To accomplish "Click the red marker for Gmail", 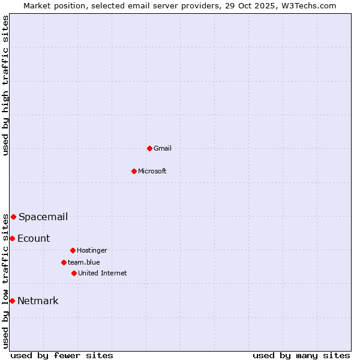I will (149, 148).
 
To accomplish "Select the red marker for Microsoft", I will (134, 171).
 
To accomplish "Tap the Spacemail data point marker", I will (13, 217).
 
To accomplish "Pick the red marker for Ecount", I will (12, 238).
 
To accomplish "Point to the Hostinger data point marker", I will (73, 250).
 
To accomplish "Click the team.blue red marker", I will (64, 262).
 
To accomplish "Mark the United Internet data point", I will (74, 273).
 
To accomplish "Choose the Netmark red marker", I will (12, 301).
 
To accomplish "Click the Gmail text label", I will (163, 148).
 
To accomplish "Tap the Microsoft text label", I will (152, 171).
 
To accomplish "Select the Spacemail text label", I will (43, 217).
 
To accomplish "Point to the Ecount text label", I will (34, 238).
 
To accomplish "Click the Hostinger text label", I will (92, 250).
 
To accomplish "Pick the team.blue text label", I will (84, 262).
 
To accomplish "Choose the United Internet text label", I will (103, 273).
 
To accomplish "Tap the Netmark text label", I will (38, 301).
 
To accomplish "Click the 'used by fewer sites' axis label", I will (62, 355).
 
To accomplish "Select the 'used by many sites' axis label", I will (301, 355).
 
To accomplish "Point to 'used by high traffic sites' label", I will (5, 85).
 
